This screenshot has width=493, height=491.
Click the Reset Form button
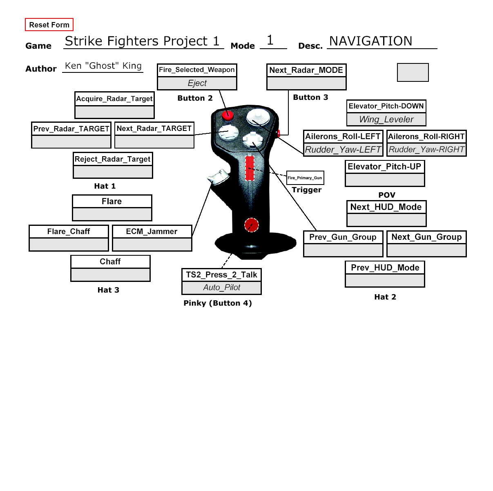click(x=49, y=25)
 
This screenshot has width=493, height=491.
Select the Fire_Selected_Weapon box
click(x=197, y=70)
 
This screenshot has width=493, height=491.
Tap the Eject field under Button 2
click(x=197, y=83)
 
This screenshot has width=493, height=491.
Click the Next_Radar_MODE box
click(x=306, y=70)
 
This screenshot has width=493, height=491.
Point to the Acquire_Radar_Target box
click(x=114, y=99)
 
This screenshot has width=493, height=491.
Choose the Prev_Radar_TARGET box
click(x=71, y=129)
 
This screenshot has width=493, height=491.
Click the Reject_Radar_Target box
click(x=113, y=159)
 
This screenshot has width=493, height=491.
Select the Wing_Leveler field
click(x=386, y=119)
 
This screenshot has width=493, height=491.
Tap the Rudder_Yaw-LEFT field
click(x=343, y=149)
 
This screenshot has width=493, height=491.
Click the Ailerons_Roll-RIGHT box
click(x=426, y=136)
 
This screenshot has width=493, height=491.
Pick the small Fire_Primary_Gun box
click(x=305, y=178)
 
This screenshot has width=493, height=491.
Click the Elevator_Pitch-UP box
click(x=385, y=167)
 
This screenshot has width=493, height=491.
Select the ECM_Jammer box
click(x=152, y=232)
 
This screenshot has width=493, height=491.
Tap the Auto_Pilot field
click(x=221, y=288)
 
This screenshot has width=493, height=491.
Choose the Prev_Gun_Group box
click(x=343, y=237)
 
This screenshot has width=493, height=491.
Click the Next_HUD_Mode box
click(x=386, y=207)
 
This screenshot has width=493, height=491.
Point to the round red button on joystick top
click(x=227, y=115)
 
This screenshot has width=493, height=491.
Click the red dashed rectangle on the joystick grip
click(x=250, y=168)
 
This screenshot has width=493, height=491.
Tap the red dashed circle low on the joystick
click(x=251, y=225)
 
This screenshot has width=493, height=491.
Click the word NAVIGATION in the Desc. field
click(x=370, y=41)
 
